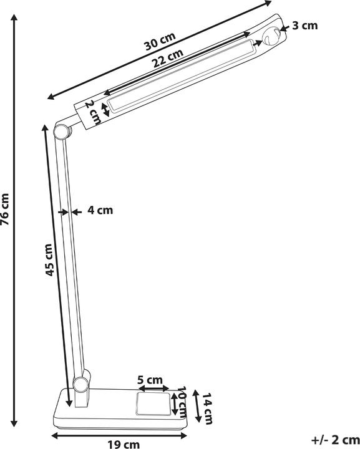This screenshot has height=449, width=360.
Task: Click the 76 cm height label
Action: coord(5,208)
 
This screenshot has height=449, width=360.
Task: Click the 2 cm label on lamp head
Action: coord(92,112)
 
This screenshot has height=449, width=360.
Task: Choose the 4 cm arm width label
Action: coord(100,211)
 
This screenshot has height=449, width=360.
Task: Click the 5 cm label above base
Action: coord(150,380)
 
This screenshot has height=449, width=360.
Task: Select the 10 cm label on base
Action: coord(182,402)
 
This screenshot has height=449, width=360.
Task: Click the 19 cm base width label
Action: coord(123,444)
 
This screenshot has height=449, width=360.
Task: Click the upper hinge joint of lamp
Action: coord(61,131)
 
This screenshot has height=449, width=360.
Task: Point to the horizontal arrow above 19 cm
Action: coord(119,434)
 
